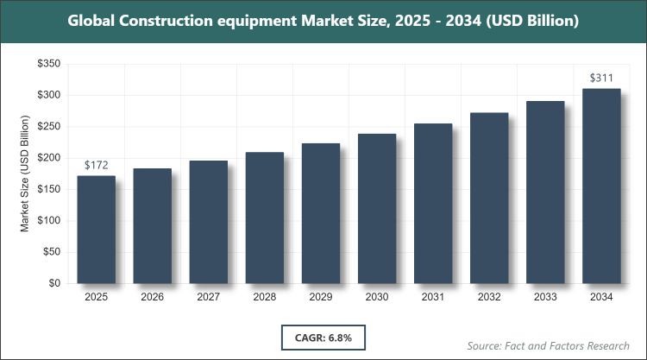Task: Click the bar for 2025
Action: pos(96,229)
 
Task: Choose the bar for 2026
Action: pos(152,225)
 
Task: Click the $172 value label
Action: pos(96,164)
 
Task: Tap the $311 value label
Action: pos(601,78)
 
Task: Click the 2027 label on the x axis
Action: pos(208,297)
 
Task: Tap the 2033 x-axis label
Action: pos(545,297)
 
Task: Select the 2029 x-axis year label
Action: pos(320,297)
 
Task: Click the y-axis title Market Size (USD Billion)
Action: pos(26,174)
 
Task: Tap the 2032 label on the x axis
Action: pos(489,297)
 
